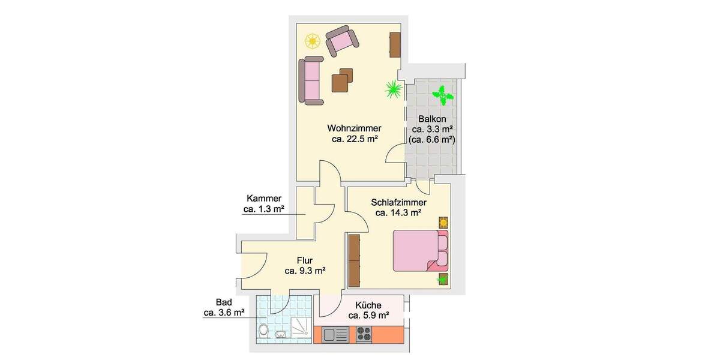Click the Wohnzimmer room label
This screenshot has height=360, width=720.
click(x=354, y=128)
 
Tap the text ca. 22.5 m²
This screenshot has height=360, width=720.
click(x=354, y=139)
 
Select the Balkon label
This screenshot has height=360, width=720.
click(x=432, y=119)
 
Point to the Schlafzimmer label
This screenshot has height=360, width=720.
click(x=398, y=202)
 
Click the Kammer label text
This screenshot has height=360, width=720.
click(x=263, y=199)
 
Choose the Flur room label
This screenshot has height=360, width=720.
click(x=305, y=260)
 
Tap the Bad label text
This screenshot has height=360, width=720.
click(x=223, y=302)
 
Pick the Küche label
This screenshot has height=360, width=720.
click(x=368, y=305)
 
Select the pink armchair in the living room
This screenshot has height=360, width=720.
click(x=341, y=41)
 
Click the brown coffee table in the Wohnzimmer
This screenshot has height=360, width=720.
click(x=342, y=81)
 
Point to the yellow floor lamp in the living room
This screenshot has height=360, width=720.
click(x=312, y=41)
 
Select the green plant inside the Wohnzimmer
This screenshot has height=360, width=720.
click(x=394, y=90)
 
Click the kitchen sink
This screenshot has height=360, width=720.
click(x=332, y=334)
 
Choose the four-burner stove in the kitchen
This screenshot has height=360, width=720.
click(x=364, y=334)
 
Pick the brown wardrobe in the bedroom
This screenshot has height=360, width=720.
click(x=355, y=260)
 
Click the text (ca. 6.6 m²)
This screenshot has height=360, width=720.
click(x=432, y=140)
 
